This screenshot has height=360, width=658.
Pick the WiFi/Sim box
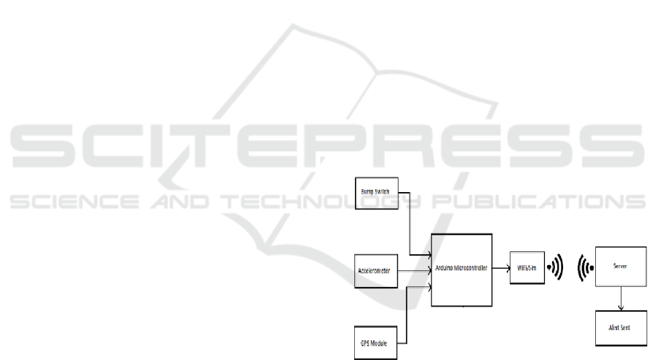click(x=527, y=269)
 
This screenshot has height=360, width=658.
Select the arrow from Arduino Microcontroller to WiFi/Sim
click(x=501, y=268)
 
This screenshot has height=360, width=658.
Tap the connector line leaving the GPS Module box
click(x=406, y=321)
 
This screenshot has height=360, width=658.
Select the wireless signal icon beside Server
click(x=585, y=268)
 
